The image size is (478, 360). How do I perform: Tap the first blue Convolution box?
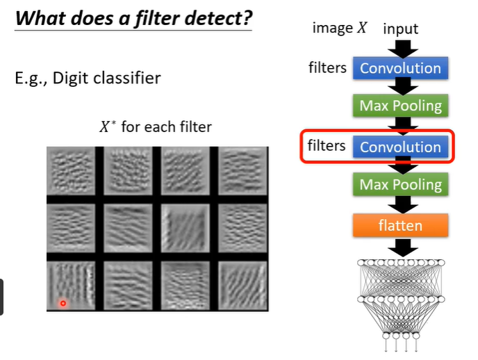[x=400, y=68]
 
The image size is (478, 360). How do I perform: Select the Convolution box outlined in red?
[x=400, y=147]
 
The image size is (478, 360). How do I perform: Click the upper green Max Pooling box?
[x=400, y=106]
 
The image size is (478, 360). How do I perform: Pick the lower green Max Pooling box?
[x=400, y=185]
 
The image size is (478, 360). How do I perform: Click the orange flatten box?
[x=400, y=225]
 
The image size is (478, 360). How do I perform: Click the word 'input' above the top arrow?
[x=400, y=29]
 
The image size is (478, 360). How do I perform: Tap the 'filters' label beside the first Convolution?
[x=327, y=67]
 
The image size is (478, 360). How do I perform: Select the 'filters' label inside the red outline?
[x=327, y=146]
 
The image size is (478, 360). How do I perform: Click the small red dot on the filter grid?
[x=63, y=303]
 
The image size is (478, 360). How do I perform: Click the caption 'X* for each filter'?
[x=156, y=127]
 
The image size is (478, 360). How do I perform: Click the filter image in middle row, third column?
[x=186, y=228]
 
